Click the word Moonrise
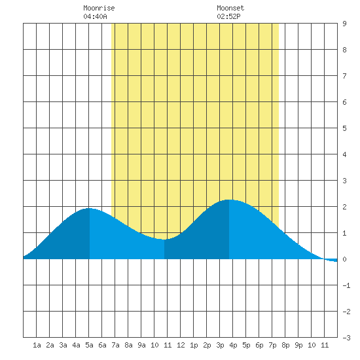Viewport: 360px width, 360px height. [x=99, y=8]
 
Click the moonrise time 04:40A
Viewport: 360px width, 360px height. [x=95, y=16]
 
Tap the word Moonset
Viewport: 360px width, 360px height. [x=230, y=8]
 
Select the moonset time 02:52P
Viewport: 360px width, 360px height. [x=228, y=16]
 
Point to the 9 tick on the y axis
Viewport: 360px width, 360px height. [x=344, y=24]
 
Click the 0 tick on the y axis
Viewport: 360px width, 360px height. [x=344, y=259]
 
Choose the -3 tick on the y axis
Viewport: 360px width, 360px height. [x=346, y=338]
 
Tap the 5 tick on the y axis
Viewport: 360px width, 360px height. [x=344, y=128]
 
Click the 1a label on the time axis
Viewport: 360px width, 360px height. [x=37, y=345]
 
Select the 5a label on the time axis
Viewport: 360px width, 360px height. [x=89, y=345]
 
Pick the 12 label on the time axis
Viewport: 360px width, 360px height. [x=181, y=345]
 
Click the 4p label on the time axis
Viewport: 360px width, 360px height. [x=233, y=345]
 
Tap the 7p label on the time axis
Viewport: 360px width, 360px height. [x=272, y=345]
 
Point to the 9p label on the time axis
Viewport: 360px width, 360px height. [x=298, y=345]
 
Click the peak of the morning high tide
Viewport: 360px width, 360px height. [x=89, y=208]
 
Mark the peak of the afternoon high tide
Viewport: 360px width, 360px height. [x=229, y=200]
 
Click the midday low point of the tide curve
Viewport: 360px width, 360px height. [x=164, y=240]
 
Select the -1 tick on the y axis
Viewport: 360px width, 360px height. [x=346, y=285]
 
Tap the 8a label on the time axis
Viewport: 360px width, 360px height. [x=128, y=345]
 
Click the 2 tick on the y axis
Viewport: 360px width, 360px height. [x=344, y=207]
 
